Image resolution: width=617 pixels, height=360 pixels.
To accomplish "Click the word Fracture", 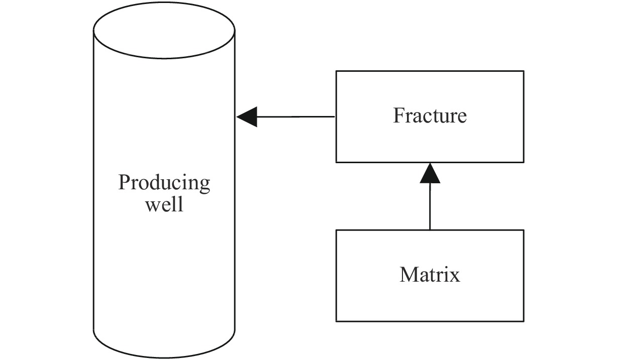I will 430,116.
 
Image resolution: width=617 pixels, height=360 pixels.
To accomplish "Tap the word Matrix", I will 430,275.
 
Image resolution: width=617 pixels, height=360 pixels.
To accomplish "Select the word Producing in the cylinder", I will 164,183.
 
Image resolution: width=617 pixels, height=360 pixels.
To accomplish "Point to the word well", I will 164,205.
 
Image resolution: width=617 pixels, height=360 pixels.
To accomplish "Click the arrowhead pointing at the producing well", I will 247,117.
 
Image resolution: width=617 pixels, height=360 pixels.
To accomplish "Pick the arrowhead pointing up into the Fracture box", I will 430,173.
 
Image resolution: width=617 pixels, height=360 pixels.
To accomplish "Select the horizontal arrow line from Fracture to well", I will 296,117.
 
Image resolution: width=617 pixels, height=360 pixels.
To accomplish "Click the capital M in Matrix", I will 408,275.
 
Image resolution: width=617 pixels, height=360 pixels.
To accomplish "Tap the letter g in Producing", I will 204,186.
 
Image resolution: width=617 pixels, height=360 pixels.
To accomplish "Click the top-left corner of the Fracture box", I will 336,71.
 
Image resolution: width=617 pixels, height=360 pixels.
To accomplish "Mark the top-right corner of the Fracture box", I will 524,71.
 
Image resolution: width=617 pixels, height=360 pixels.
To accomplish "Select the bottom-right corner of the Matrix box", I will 524,321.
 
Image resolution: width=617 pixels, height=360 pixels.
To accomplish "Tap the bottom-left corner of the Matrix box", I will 336,321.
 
